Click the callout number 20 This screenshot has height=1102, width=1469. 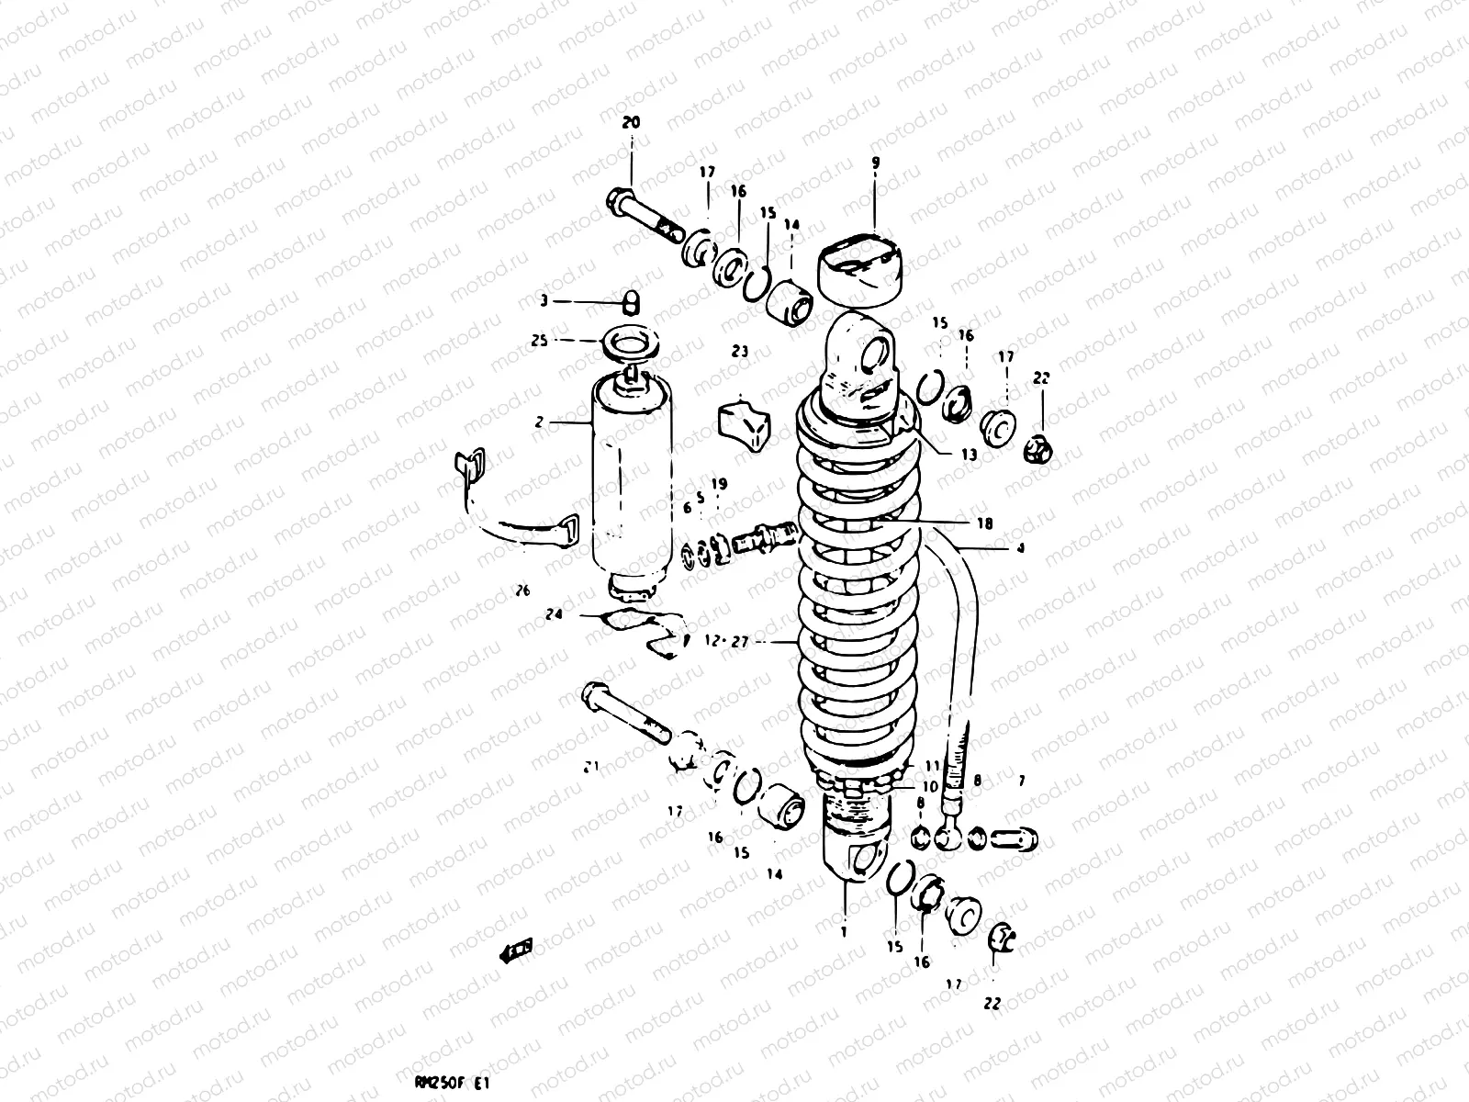tap(631, 122)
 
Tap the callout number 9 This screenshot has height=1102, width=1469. tap(875, 163)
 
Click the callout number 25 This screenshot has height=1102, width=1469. tap(539, 340)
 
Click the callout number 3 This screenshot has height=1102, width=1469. tap(543, 300)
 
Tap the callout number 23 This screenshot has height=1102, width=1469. tap(740, 351)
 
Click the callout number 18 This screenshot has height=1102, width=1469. tap(985, 523)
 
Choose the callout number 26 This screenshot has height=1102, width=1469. tap(522, 591)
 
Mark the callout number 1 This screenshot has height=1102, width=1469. tap(843, 930)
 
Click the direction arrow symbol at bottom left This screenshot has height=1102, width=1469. tap(517, 950)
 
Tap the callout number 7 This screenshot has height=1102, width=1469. tap(1021, 782)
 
